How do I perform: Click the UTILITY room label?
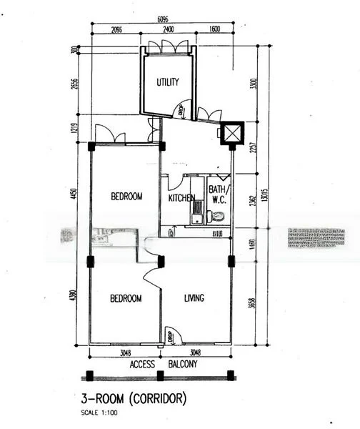coord(167,82)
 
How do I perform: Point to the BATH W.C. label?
coord(216,194)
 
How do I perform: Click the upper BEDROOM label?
coord(126,197)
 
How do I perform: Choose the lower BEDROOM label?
coord(126,298)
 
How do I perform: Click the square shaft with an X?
coord(233,133)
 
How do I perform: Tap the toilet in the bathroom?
coord(218,215)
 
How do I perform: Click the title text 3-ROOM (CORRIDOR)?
coord(136,397)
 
